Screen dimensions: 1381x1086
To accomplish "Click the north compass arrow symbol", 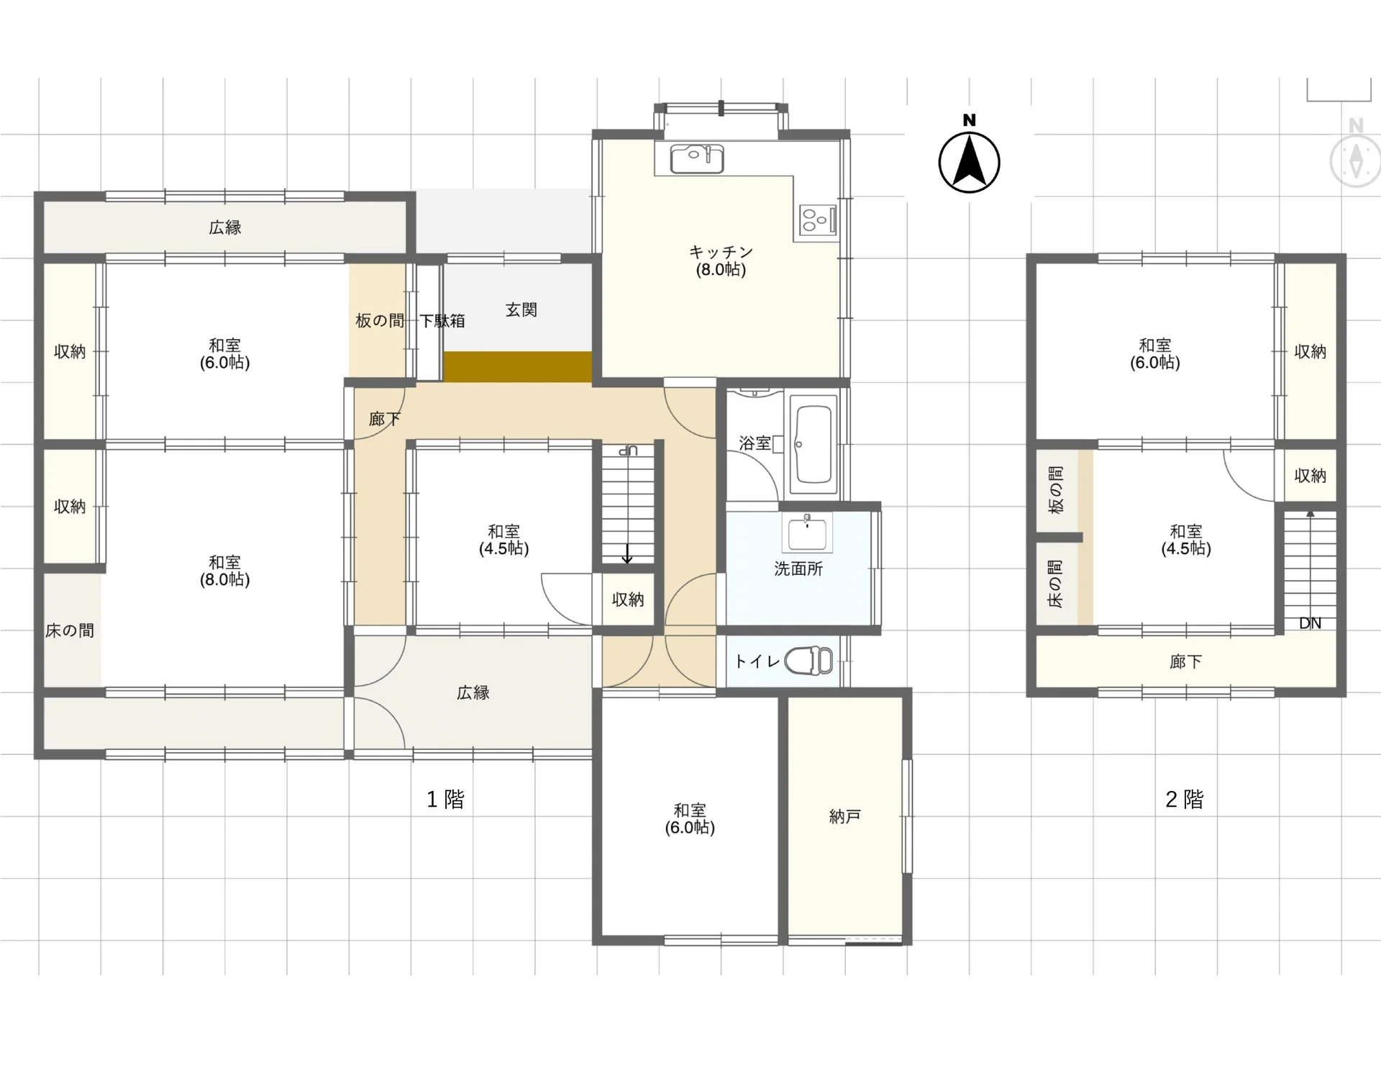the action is pos(969,162).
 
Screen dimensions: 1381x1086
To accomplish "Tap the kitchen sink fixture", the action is pos(696,159).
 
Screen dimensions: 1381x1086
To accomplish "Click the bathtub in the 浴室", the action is pos(813,445).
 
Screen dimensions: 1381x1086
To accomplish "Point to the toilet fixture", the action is pos(808,661).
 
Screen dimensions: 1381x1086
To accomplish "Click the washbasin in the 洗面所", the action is pos(807,532).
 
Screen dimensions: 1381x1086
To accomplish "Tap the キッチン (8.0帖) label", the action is pos(721,261).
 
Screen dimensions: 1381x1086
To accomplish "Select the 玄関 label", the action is pos(521,310).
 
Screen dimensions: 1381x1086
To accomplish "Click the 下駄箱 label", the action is pos(442,321).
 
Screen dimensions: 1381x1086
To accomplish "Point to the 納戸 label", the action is pos(845,817).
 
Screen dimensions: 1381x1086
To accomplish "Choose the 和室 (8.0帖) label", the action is pos(224,571).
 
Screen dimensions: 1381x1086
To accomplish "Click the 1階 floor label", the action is pos(445,799).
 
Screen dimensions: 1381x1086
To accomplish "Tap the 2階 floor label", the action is pos(1184,799).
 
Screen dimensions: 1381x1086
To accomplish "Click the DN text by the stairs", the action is pos(1310,623).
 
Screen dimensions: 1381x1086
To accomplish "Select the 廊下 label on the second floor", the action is pos(1185,661).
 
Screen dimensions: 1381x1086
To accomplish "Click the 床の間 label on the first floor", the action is pos(70,631).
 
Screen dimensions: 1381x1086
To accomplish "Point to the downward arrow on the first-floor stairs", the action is pos(627,553).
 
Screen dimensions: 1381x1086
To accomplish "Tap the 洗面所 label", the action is pos(798,569).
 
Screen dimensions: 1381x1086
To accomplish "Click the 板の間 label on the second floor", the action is pos(1056,490).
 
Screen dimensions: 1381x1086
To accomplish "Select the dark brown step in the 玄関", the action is pos(518,366).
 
